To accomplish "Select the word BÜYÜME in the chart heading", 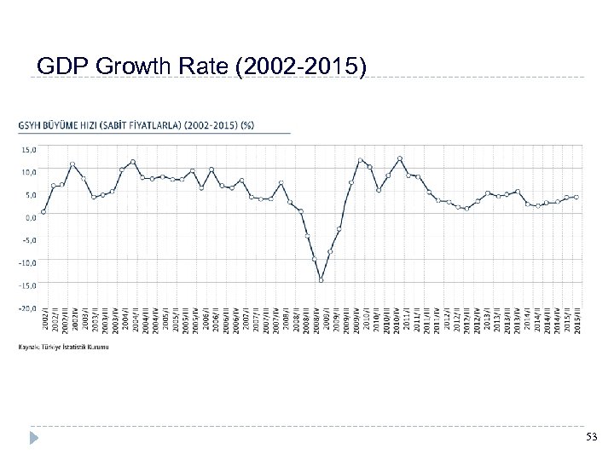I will pyautogui.click(x=81, y=123).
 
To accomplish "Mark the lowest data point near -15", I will pyautogui.click(x=321, y=279).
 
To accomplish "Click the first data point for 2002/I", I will pyautogui.click(x=43, y=211).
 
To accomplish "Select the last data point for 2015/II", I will pyautogui.click(x=576, y=197).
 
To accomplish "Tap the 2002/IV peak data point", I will pyautogui.click(x=73, y=164).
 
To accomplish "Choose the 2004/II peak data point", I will pyautogui.click(x=133, y=161).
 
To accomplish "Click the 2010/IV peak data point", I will pyautogui.click(x=400, y=158).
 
